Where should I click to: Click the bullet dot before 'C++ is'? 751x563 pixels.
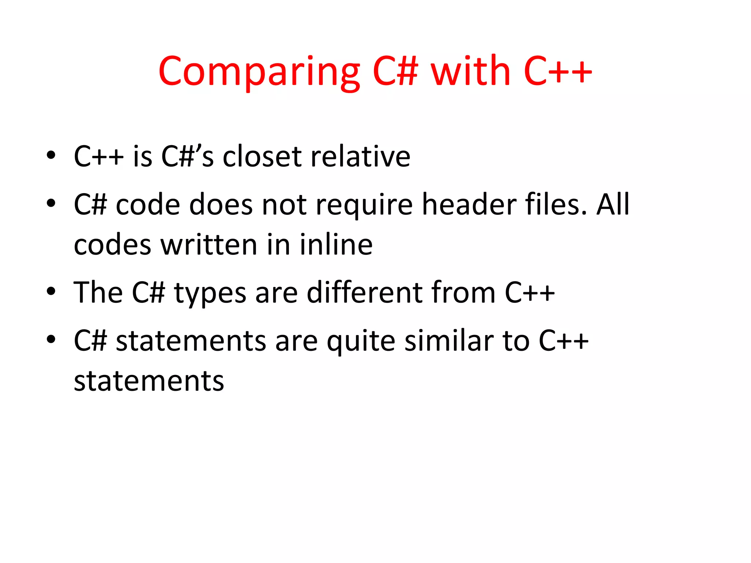51,155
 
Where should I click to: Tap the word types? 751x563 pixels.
210,294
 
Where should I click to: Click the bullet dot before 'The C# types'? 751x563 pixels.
51,291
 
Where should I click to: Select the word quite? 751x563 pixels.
361,341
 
